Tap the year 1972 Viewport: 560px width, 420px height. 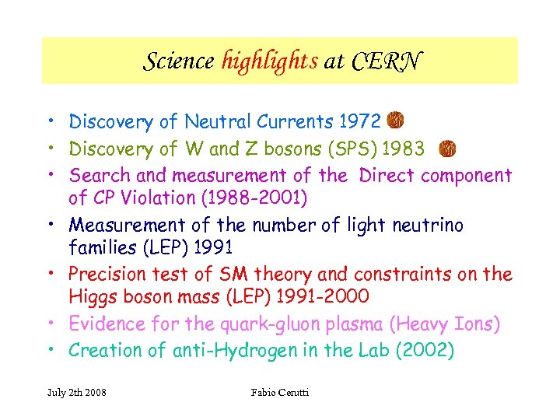pyautogui.click(x=360, y=122)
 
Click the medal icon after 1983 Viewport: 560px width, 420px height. pyautogui.click(x=448, y=148)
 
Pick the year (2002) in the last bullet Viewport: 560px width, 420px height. pyautogui.click(x=425, y=351)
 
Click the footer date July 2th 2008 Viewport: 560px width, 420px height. pyautogui.click(x=75, y=392)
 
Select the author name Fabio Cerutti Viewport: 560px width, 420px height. pyautogui.click(x=280, y=392)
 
